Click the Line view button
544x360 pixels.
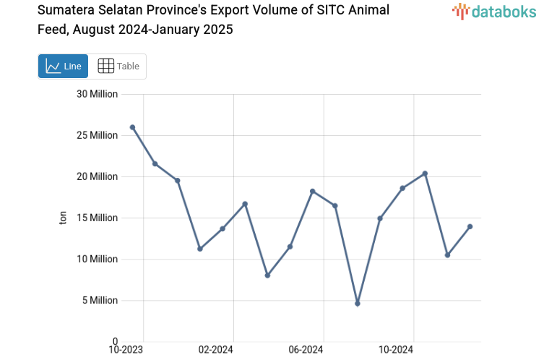[x=63, y=66]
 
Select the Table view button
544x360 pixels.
[x=118, y=66]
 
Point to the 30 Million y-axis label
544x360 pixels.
[x=98, y=94]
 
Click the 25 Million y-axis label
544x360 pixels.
[x=98, y=135]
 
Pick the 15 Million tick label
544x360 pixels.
[x=98, y=218]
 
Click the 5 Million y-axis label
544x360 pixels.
[x=100, y=300]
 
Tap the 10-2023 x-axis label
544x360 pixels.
[x=126, y=350]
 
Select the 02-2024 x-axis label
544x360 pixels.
[x=215, y=350]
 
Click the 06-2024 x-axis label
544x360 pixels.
[x=305, y=350]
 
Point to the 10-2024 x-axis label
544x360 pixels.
[x=395, y=350]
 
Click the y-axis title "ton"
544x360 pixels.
[x=63, y=218]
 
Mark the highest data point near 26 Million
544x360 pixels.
[x=132, y=127]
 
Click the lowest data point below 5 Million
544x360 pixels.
[x=358, y=304]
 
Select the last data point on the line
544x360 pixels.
[x=470, y=226]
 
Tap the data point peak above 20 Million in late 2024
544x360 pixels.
[x=425, y=173]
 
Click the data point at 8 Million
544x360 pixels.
[x=267, y=275]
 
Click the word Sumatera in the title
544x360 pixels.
[x=68, y=10]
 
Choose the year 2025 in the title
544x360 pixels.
[x=217, y=30]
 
